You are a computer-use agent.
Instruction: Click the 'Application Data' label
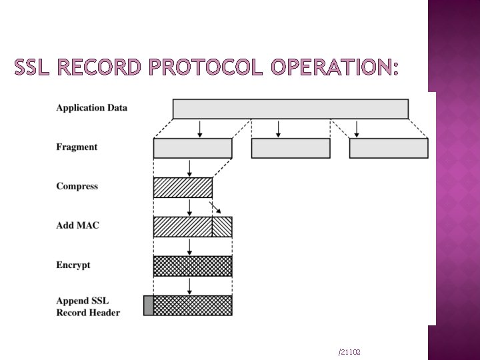(91, 108)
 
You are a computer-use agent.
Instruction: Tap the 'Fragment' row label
(77, 147)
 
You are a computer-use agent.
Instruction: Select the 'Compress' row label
(77, 187)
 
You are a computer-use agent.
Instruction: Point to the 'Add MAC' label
(77, 225)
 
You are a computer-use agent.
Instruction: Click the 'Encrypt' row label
(73, 265)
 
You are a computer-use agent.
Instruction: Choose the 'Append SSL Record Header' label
(88, 307)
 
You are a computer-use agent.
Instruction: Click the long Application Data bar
(290, 109)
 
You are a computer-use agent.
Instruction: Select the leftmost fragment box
(193, 148)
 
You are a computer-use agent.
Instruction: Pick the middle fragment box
(291, 148)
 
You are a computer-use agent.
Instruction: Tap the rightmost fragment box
(389, 148)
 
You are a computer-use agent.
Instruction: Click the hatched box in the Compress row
(183, 187)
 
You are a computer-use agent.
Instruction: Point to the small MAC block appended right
(222, 227)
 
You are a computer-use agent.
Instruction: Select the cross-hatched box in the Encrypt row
(193, 266)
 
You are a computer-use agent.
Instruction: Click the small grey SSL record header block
(149, 305)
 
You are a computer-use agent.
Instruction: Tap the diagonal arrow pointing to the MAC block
(216, 207)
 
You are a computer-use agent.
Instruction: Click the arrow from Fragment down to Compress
(190, 167)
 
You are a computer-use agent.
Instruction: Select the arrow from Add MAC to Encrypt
(190, 246)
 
